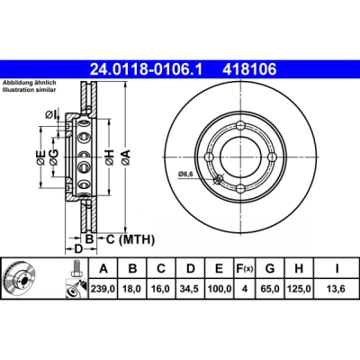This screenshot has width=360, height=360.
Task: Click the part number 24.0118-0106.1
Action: coord(147,70)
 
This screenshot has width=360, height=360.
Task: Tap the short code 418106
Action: coord(249,70)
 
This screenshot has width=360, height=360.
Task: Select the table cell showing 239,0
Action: coord(103,289)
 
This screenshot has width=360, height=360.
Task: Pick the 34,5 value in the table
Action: coord(190,289)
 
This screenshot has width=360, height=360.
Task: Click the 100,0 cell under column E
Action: coord(220,289)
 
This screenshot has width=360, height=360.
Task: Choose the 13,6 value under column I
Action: coord(337,289)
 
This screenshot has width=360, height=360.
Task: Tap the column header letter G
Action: coord(270,268)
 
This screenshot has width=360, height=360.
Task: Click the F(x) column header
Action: coord(245,268)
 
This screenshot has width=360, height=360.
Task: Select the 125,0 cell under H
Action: coord(299,289)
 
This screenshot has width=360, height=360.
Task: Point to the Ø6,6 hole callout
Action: coord(185,174)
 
